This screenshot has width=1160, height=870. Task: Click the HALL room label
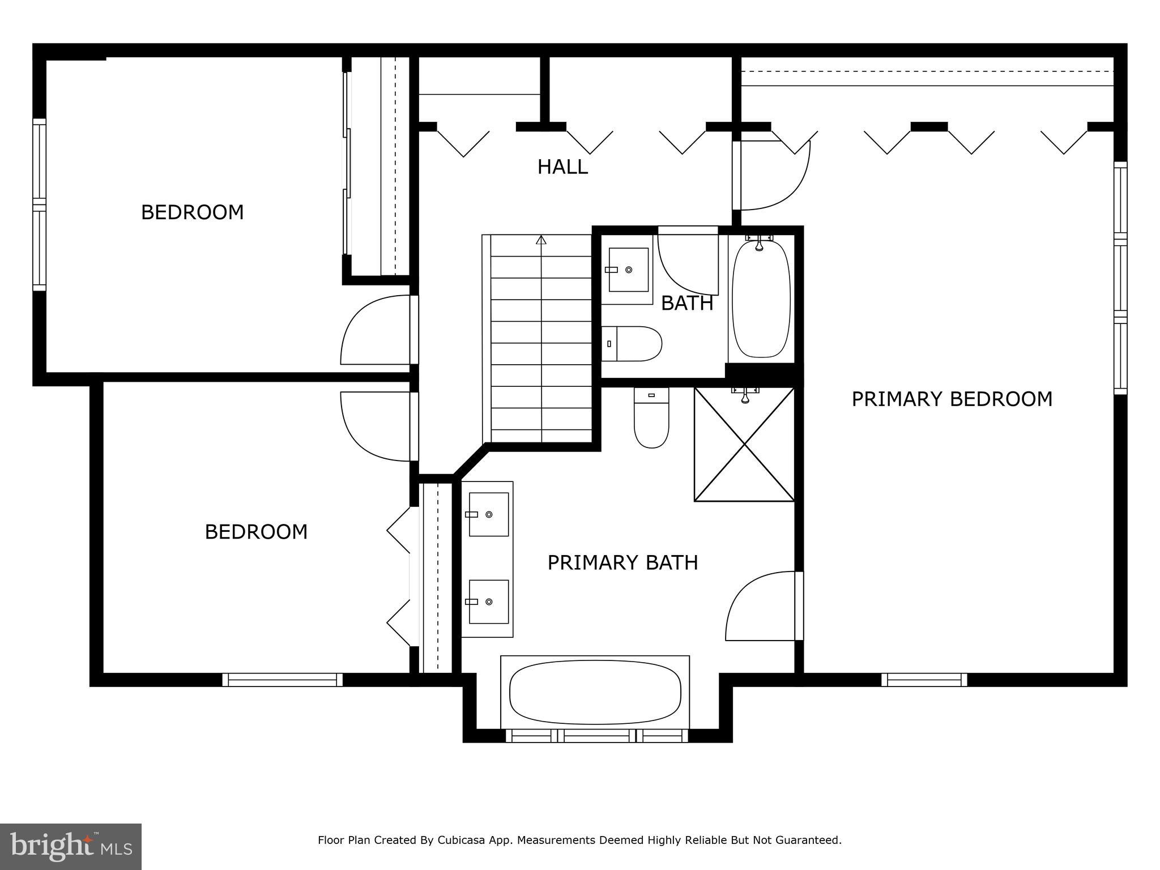[x=562, y=167]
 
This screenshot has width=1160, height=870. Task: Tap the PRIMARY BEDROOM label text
[x=952, y=399]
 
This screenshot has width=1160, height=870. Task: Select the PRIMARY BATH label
[x=622, y=562]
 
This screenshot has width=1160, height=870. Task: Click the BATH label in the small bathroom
[x=686, y=304]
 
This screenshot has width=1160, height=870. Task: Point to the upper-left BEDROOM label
[x=192, y=212]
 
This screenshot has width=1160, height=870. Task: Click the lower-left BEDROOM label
[x=255, y=532]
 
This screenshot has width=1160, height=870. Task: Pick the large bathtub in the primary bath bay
[x=595, y=692]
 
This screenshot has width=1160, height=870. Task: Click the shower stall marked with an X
[x=744, y=445]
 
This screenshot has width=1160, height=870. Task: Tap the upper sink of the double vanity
[x=488, y=514]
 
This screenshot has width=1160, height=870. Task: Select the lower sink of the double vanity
[x=488, y=602]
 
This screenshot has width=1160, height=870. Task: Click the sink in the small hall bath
[x=628, y=270]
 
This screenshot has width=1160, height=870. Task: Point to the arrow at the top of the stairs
[x=541, y=240]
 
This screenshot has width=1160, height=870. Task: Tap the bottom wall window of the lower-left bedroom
[x=282, y=680]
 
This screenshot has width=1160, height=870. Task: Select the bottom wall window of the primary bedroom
[x=924, y=680]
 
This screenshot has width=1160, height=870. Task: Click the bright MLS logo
[x=71, y=847]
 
